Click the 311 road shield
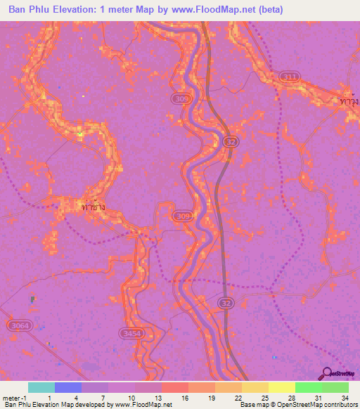click(287, 76)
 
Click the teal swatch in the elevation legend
click(41, 387)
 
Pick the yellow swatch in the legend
click(281, 387)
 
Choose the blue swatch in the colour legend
click(67, 387)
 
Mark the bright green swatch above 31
click(308, 387)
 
